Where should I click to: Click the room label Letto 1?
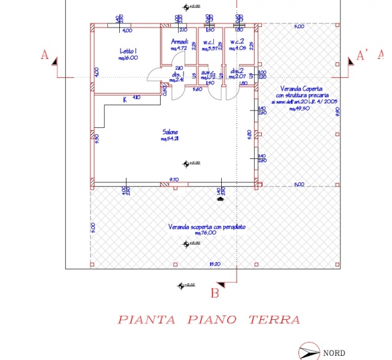click(x=129, y=51)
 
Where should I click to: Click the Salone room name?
click(x=170, y=132)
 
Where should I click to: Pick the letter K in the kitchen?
click(x=125, y=100)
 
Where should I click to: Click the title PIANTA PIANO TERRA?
click(x=208, y=319)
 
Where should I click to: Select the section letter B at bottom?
click(x=215, y=293)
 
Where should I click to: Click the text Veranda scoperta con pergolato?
click(x=207, y=227)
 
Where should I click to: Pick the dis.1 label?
click(x=177, y=74)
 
